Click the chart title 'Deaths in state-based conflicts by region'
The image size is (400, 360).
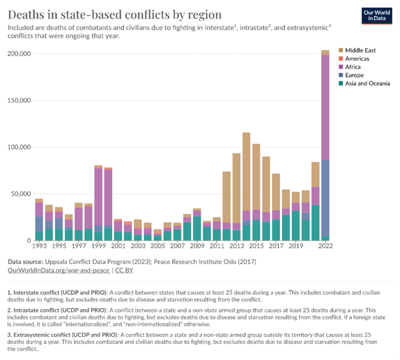pyautogui.click(x=115, y=14)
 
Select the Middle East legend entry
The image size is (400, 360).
pyautogui.click(x=362, y=51)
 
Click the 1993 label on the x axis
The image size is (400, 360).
pyautogui.click(x=39, y=247)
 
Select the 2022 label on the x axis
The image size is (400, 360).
pyautogui.click(x=325, y=247)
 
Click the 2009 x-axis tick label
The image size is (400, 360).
pyautogui.click(x=197, y=247)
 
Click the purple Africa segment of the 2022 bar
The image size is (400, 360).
pyautogui.click(x=325, y=107)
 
